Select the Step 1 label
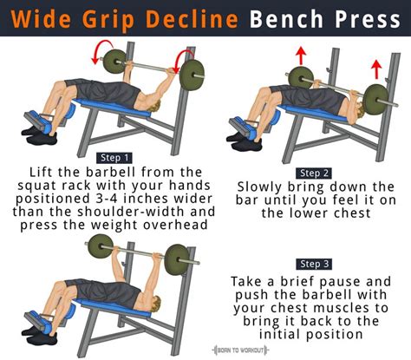point(114,158)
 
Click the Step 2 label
point(314,173)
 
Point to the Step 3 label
point(314,264)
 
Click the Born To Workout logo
point(240,350)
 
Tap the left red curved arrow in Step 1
point(101,50)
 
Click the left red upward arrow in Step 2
point(301,56)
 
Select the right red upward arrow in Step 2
point(376,69)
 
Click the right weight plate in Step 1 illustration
point(192,75)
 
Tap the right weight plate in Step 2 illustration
point(376,100)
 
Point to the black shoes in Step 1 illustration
point(40,135)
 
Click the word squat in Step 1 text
point(36,186)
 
